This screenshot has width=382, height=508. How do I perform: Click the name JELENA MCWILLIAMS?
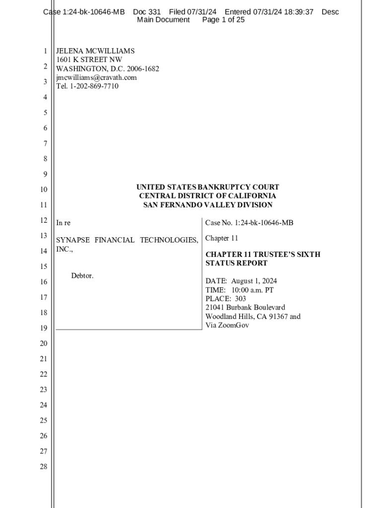click(95, 51)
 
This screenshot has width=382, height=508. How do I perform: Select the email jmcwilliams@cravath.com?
click(96, 77)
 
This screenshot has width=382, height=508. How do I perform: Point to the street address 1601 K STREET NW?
click(89, 60)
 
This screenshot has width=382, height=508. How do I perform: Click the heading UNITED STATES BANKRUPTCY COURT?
click(207, 187)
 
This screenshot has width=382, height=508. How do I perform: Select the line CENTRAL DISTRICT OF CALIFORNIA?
click(207, 196)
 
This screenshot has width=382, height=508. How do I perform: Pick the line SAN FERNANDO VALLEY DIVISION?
click(207, 205)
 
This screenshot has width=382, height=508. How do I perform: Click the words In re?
click(63, 223)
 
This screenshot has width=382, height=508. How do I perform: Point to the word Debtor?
click(82, 276)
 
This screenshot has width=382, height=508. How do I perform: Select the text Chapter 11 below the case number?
click(222, 238)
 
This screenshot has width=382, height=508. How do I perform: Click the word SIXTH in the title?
click(307, 254)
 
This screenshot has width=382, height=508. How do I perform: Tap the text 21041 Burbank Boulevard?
click(245, 308)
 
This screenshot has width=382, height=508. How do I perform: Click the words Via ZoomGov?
click(227, 325)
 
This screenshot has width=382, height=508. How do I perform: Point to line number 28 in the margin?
click(44, 466)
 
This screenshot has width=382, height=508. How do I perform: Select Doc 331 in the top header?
click(147, 12)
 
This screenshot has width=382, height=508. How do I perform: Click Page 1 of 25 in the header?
click(223, 20)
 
